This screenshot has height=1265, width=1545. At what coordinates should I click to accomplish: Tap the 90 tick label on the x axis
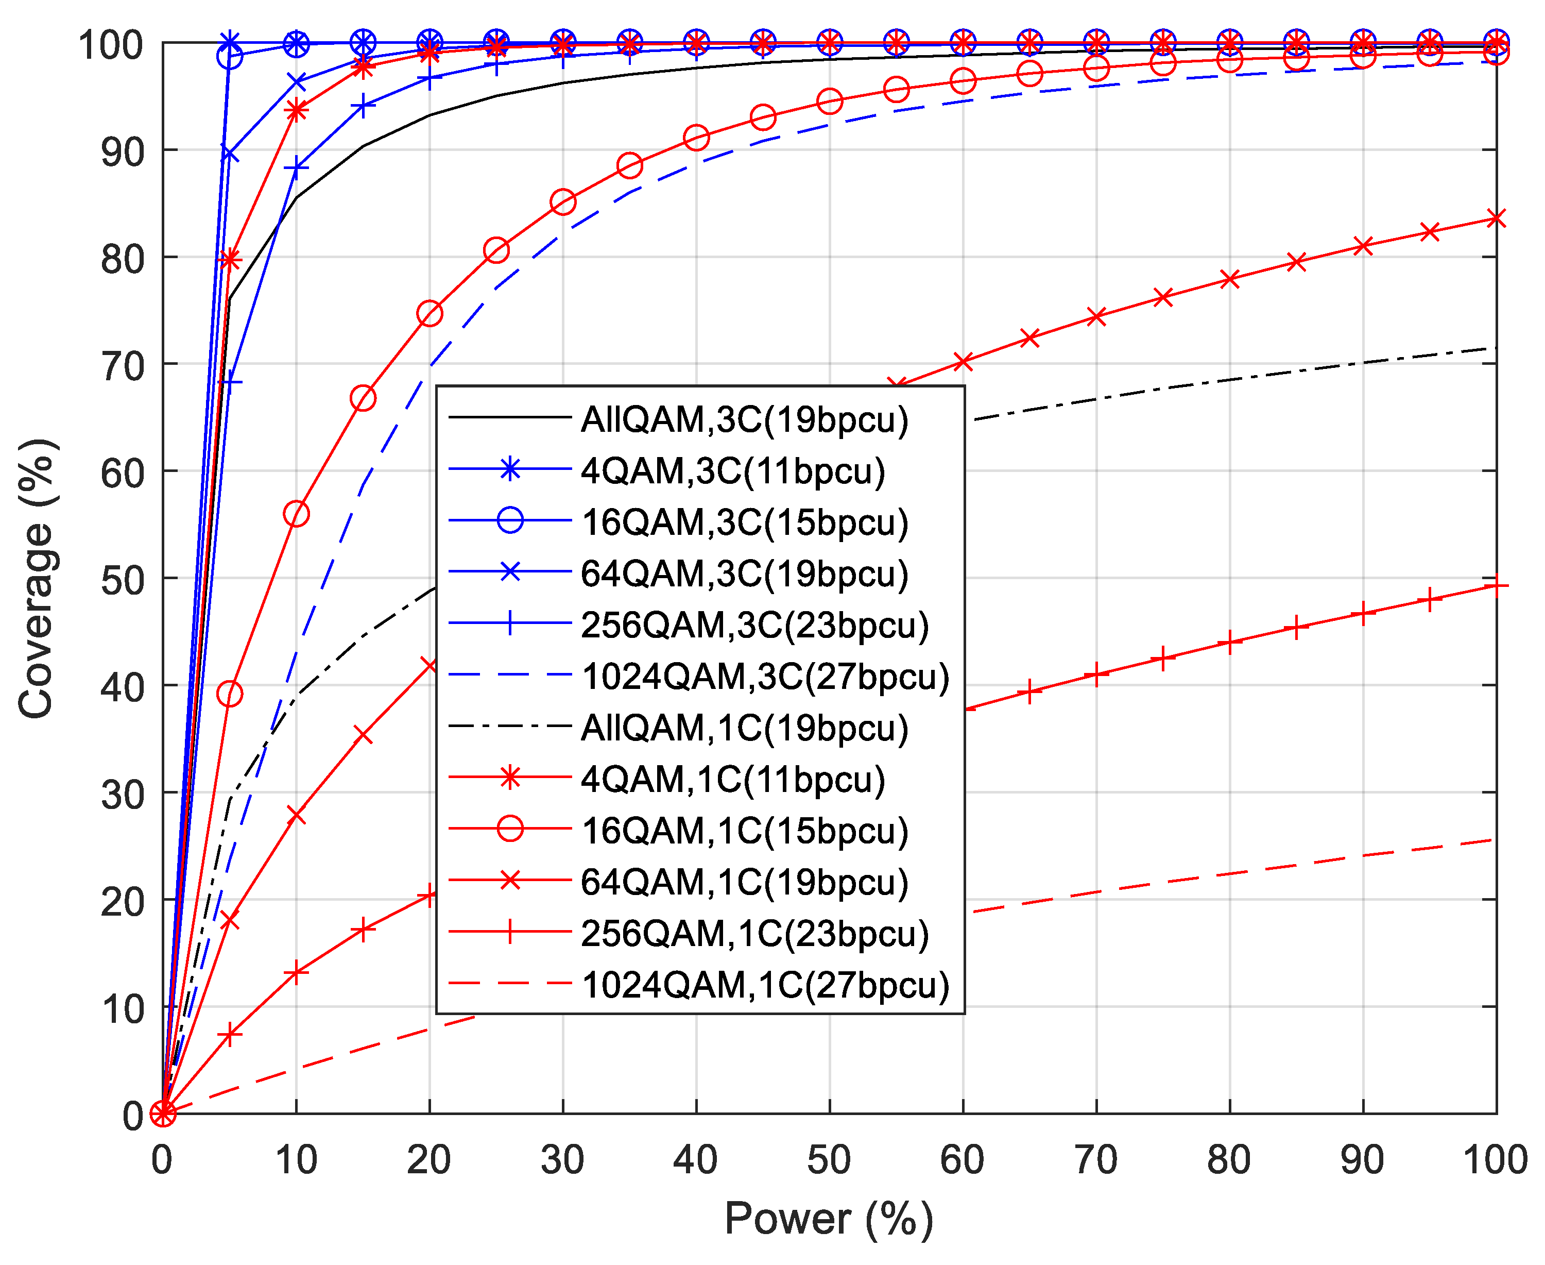click(x=1362, y=1159)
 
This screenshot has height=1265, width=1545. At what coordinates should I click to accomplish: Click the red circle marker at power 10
click(x=296, y=514)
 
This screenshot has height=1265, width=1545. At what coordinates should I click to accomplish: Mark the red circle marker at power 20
click(x=430, y=314)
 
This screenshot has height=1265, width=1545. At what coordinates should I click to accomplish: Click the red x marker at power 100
click(x=1496, y=218)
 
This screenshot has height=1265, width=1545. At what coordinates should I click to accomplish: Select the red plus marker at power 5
click(x=230, y=1035)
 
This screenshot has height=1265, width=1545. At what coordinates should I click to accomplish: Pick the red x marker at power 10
click(x=296, y=815)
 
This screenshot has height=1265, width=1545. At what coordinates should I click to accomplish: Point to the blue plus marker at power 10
click(x=296, y=167)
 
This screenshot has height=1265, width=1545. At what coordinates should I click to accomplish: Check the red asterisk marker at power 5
click(x=230, y=259)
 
